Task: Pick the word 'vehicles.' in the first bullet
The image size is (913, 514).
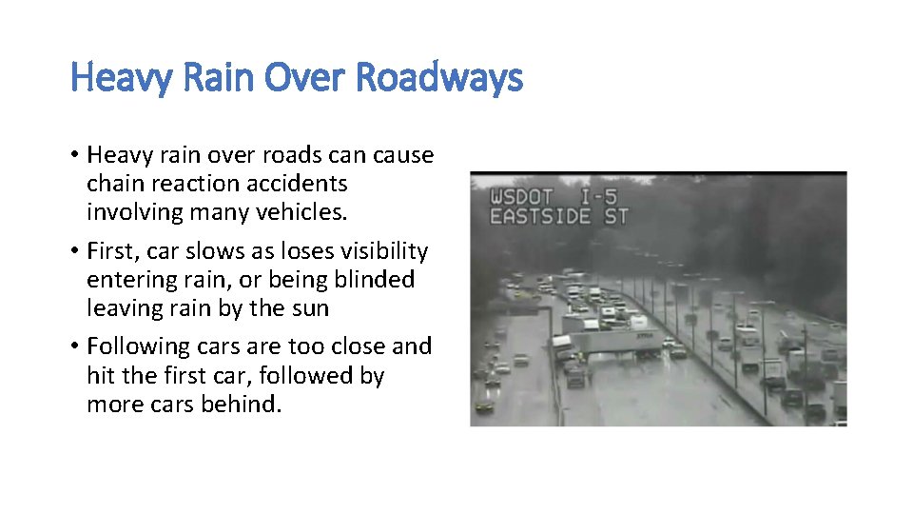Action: click(x=303, y=212)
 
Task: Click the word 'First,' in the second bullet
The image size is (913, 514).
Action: click(x=112, y=251)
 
